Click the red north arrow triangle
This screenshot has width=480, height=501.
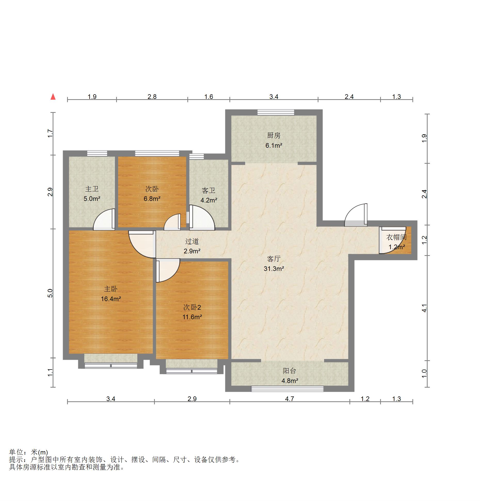53,97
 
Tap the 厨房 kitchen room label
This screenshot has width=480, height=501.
274,135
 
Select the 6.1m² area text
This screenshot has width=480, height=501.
274,145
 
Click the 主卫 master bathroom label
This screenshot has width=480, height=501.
92,189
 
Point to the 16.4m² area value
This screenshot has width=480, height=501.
111,299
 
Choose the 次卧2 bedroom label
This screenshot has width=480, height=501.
192,307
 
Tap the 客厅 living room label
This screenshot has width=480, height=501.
274,259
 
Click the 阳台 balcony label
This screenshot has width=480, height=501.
289,371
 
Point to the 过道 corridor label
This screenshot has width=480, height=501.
192,241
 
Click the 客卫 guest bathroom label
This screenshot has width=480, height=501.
209,190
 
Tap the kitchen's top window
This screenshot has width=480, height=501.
276,112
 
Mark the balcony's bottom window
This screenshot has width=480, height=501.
287,389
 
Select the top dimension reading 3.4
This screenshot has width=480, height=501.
274,97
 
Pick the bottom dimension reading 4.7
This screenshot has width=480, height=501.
290,399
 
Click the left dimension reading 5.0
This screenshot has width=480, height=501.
50,293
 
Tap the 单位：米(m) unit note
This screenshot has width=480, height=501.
28,452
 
